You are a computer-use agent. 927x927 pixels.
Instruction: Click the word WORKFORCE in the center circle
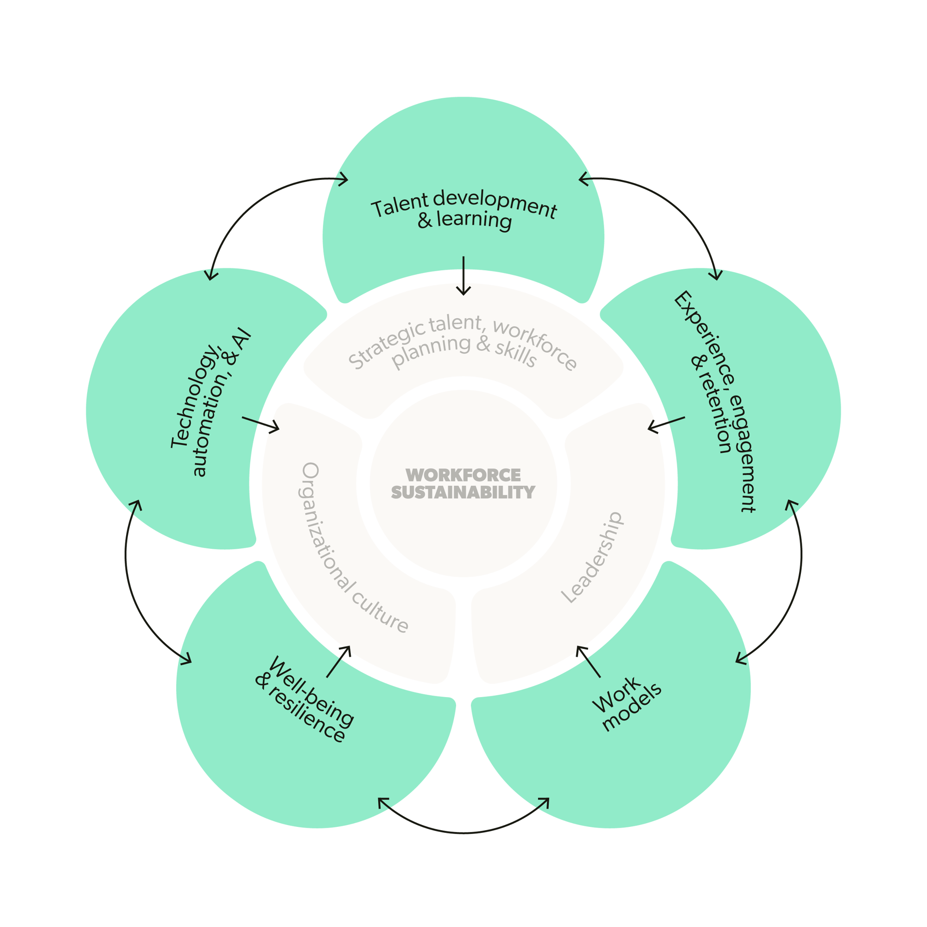point(463,475)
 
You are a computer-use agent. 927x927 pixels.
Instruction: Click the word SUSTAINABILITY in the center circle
point(463,492)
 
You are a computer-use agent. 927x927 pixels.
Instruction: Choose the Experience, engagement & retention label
point(715,403)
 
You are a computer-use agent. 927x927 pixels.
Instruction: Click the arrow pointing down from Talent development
point(463,275)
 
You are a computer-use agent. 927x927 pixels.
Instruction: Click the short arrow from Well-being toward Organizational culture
point(339,661)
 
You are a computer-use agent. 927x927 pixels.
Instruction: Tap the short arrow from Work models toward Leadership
point(588,662)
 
